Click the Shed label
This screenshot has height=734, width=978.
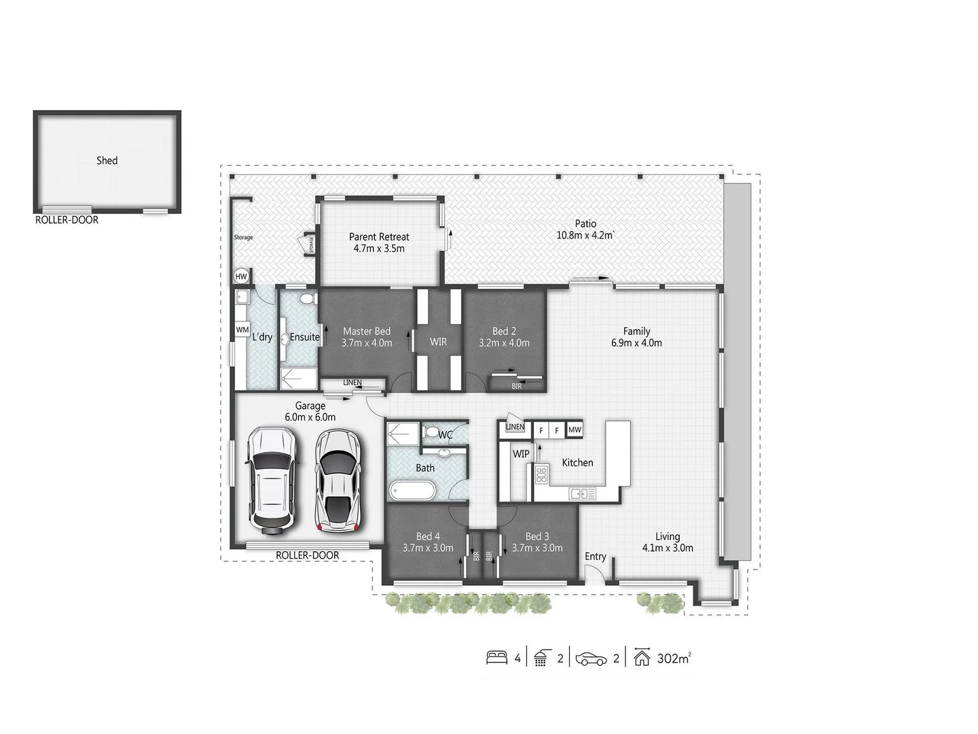pos(107,160)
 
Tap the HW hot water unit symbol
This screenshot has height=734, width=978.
pos(240,277)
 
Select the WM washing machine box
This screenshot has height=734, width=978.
pos(242,330)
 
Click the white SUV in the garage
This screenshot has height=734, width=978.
pos(272,479)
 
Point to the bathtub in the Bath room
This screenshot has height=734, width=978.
pos(412,491)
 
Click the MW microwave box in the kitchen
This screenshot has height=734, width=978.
pos(575,430)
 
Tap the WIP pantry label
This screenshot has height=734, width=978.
pos(521,453)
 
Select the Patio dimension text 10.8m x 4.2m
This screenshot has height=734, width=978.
pos(585,236)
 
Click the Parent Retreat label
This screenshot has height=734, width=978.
pos(379,237)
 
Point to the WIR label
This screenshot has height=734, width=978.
pos(438,342)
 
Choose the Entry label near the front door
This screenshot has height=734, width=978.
pos(595,557)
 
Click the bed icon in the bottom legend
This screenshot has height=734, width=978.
pos(496,658)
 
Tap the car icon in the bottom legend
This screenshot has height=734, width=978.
pos(591,659)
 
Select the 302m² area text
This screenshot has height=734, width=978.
pos(674,658)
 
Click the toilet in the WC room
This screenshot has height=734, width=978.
pos(431,432)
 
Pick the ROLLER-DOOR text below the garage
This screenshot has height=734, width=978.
pos(307,555)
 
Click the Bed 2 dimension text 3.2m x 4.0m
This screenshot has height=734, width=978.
pos(503,343)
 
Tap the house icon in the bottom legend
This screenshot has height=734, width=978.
pos(642,658)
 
